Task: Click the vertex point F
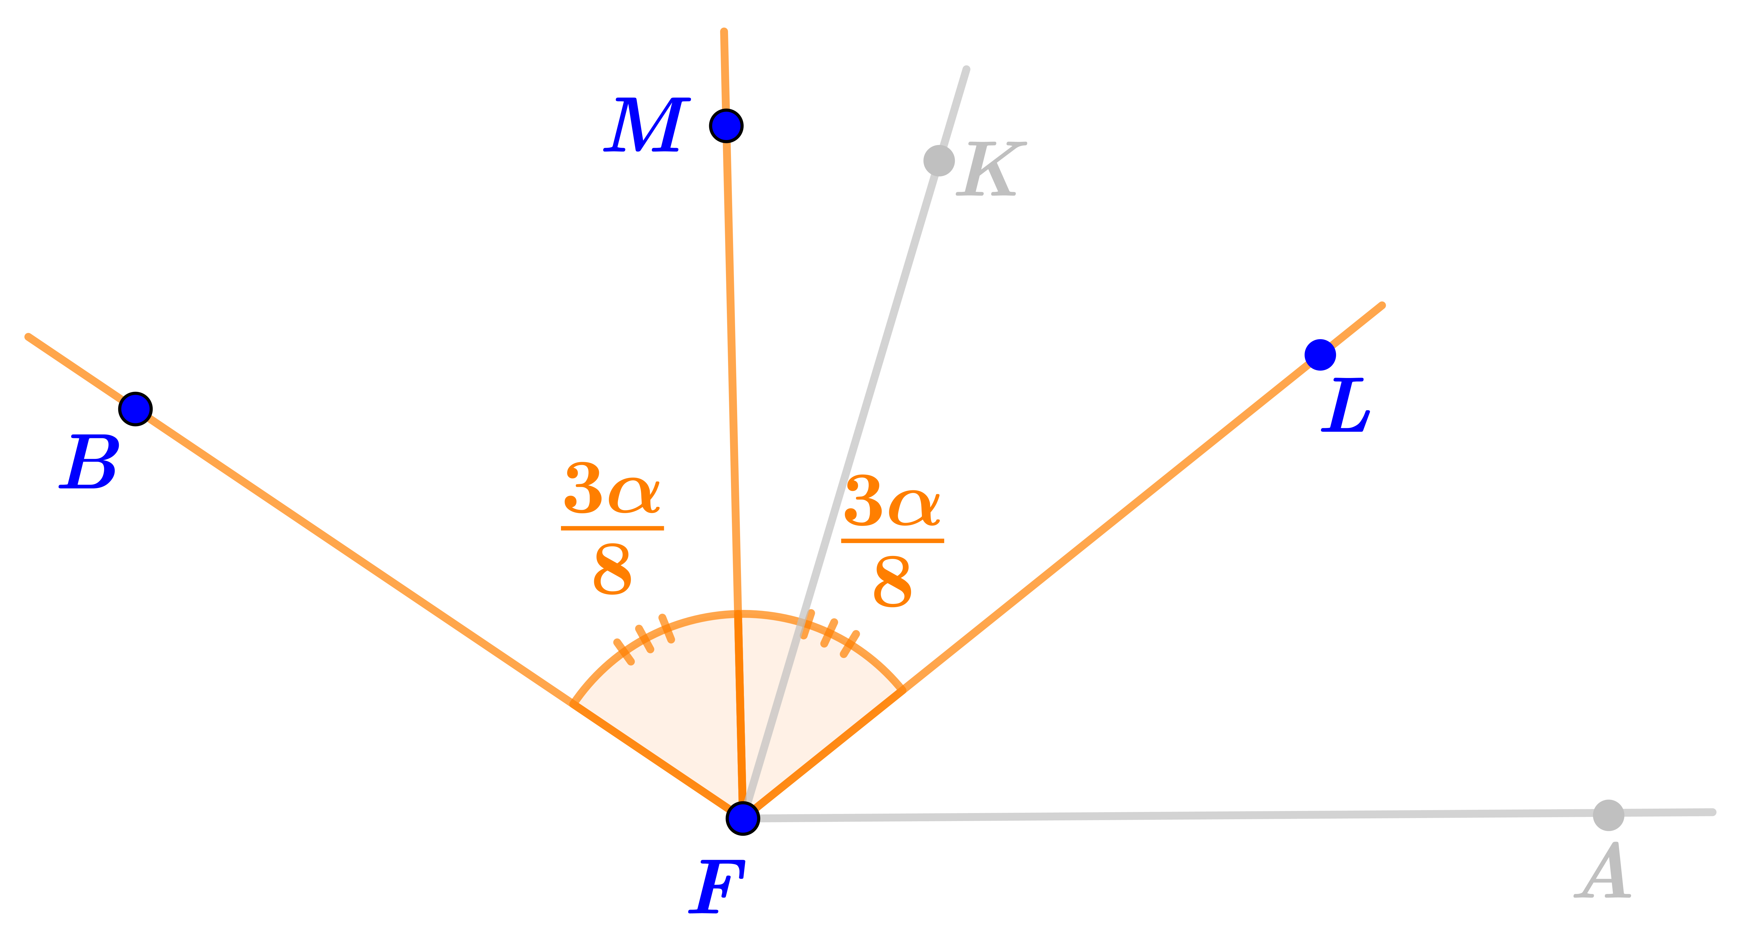[743, 818]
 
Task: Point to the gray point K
[939, 161]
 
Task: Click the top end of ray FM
[724, 31]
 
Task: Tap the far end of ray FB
[28, 336]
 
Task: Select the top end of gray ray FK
[966, 69]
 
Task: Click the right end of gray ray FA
[1713, 812]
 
